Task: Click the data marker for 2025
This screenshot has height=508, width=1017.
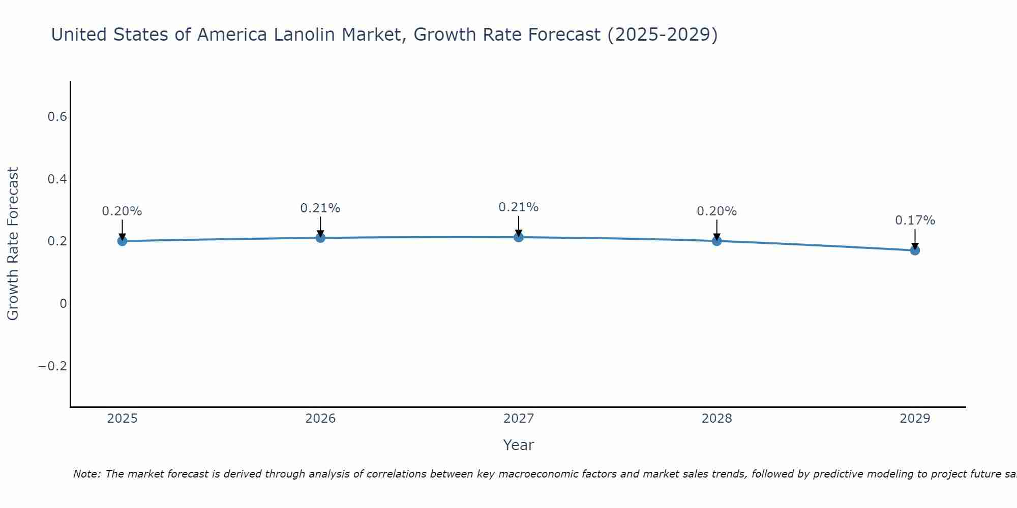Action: click(122, 241)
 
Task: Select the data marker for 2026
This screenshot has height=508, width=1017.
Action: click(320, 238)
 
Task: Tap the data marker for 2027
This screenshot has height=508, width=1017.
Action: click(519, 237)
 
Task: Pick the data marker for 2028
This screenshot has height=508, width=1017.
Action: click(716, 241)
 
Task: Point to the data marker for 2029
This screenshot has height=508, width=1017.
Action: click(915, 250)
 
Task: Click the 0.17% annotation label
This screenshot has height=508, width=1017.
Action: click(915, 220)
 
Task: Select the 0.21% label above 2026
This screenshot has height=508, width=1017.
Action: click(320, 208)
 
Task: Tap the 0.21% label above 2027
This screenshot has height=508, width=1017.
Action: click(519, 207)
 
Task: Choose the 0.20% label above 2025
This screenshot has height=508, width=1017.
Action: click(122, 211)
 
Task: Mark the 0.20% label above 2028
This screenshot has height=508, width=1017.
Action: click(716, 211)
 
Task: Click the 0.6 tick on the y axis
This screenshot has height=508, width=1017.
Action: click(57, 117)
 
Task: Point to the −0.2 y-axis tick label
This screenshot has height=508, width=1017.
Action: click(53, 366)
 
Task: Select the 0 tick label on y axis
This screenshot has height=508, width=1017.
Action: click(63, 304)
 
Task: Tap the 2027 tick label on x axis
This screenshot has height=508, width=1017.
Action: click(519, 419)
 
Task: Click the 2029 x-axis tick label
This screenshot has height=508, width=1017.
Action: click(915, 419)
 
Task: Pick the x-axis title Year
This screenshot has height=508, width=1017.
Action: click(519, 445)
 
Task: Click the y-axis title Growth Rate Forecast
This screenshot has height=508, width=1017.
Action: click(13, 244)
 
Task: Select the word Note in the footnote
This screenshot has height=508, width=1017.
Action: click(87, 474)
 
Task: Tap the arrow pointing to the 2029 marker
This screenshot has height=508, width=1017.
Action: click(915, 238)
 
